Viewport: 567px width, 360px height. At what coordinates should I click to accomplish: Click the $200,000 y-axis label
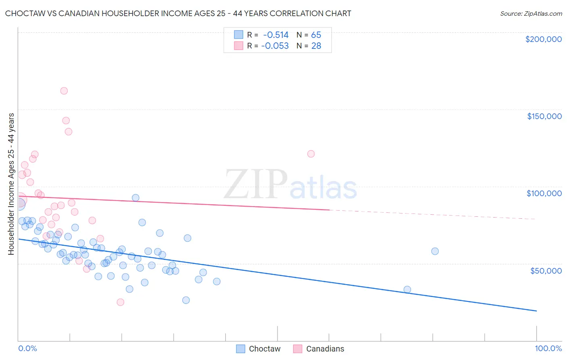543,39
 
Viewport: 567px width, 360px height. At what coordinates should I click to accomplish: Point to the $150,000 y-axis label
544,116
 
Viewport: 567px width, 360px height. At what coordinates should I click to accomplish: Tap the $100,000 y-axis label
544,193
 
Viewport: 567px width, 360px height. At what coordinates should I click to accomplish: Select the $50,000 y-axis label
546,270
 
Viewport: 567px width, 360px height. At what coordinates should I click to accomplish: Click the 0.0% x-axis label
27,348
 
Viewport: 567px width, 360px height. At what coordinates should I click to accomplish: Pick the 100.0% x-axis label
548,348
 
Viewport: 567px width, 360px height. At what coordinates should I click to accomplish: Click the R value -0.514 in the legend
276,35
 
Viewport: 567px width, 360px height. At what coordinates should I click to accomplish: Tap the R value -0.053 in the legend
275,46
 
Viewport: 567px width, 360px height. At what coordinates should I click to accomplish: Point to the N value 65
316,35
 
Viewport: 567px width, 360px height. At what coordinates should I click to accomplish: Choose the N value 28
316,46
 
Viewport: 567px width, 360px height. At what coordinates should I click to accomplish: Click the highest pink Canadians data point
64,91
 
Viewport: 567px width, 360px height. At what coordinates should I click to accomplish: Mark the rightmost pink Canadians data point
311,154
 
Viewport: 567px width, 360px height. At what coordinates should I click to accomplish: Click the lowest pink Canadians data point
120,302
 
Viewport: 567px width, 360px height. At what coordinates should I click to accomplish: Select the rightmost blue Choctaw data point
435,251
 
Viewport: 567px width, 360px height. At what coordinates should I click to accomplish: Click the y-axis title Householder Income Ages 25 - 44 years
11,184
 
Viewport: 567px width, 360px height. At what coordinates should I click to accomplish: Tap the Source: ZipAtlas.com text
531,14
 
